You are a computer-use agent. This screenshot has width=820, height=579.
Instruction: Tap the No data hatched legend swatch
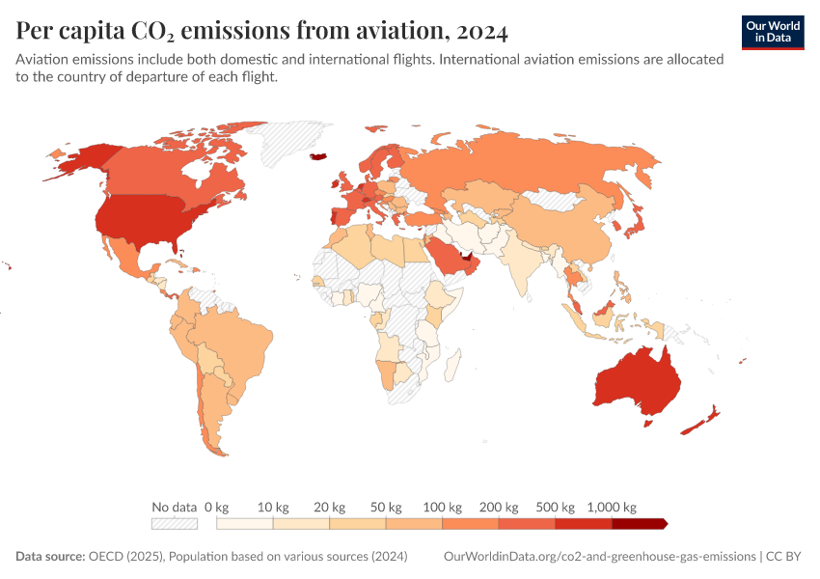click(175, 524)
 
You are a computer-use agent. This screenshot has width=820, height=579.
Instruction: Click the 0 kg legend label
click(216, 507)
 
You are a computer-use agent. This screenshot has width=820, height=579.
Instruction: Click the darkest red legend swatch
click(638, 524)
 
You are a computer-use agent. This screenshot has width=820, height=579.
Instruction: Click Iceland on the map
click(318, 154)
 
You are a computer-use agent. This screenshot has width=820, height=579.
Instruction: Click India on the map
click(522, 266)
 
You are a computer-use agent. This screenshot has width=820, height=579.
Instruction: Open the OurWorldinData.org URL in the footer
click(598, 557)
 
